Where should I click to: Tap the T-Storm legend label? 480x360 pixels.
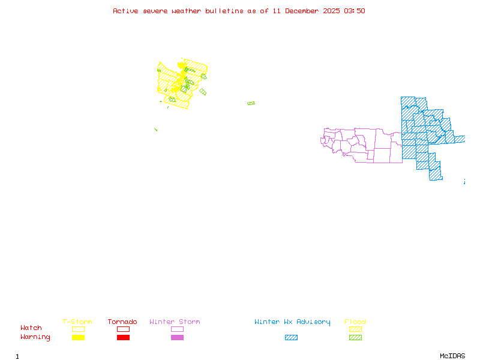click(77, 322)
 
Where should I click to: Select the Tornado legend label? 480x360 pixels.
click(122, 322)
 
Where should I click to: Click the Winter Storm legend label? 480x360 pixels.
click(175, 322)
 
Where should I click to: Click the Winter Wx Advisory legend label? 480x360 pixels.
click(292, 322)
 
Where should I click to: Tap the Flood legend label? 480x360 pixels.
click(355, 322)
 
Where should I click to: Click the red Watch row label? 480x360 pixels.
click(31, 328)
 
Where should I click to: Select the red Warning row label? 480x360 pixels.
click(35, 337)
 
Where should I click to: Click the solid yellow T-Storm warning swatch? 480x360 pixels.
click(78, 337)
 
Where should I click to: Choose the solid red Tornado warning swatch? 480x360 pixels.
click(123, 337)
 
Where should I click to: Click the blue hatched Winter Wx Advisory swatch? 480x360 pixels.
click(291, 337)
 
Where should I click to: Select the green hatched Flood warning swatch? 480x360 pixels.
click(355, 337)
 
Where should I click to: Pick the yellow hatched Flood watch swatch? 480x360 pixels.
click(355, 329)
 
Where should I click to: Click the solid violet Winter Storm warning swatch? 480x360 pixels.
click(177, 337)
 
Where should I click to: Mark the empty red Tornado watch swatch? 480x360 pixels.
click(123, 329)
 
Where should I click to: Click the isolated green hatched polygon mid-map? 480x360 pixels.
click(251, 103)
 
